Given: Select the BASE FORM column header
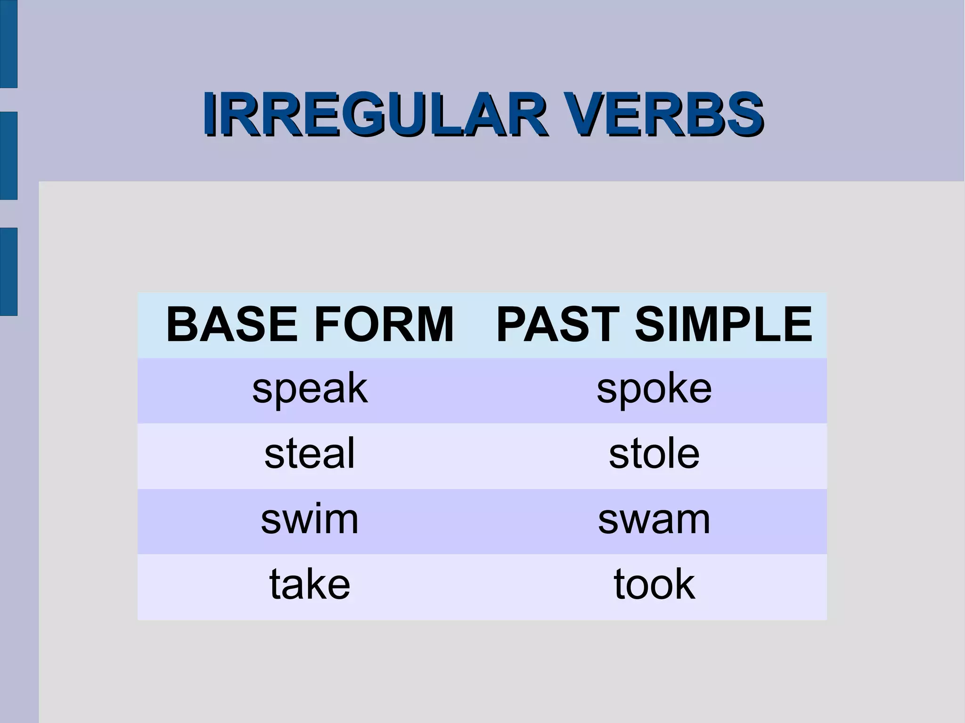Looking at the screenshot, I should click(310, 325).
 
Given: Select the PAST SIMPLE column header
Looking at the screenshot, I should click(654, 325).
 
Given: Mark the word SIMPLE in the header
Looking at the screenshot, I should click(724, 325).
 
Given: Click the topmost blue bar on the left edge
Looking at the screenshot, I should click(8, 43).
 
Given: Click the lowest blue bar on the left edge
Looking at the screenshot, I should click(8, 271).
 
